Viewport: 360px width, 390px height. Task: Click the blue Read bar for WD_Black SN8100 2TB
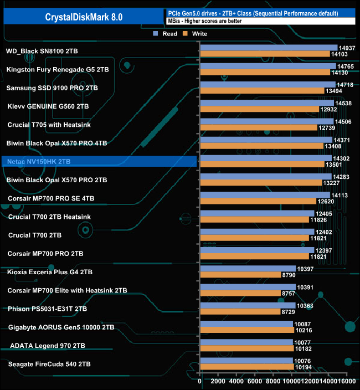coord(268,48)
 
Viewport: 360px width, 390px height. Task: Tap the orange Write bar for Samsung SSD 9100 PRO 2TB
coord(262,91)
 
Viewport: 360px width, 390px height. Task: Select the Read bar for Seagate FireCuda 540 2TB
coord(246,361)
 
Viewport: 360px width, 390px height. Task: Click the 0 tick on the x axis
coord(200,381)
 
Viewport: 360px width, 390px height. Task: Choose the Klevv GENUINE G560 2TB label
coord(48,106)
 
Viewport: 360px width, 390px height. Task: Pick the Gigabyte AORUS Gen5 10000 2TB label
coord(61,327)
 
